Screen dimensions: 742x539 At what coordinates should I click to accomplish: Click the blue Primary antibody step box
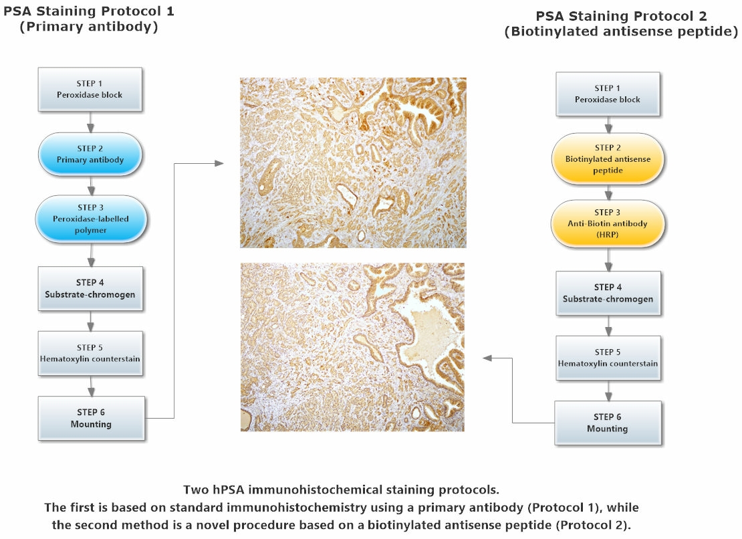point(90,154)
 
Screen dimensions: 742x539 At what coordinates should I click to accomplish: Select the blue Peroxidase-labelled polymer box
point(90,219)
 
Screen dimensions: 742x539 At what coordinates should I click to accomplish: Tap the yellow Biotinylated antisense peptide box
point(608,159)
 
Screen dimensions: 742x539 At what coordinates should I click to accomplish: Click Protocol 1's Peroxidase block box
point(90,90)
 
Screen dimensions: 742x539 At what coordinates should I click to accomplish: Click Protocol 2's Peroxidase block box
point(608,94)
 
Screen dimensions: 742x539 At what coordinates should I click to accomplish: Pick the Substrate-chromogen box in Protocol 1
point(90,289)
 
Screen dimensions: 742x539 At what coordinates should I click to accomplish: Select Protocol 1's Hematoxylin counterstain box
point(90,354)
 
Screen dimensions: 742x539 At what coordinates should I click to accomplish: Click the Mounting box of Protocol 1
point(92,419)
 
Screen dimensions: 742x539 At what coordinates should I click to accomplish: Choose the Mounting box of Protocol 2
point(608,423)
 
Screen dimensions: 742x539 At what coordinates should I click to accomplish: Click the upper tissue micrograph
point(353,163)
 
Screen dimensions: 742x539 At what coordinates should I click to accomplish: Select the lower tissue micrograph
point(352,347)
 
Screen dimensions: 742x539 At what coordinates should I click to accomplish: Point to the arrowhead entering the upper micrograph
point(219,163)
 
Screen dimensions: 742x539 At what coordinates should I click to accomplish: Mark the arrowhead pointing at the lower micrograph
point(487,358)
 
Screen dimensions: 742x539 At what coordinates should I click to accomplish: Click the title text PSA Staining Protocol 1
point(89,11)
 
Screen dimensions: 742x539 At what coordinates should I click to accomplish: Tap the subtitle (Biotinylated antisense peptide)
point(621,31)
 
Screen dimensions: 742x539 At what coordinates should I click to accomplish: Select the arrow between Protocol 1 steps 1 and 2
point(90,122)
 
